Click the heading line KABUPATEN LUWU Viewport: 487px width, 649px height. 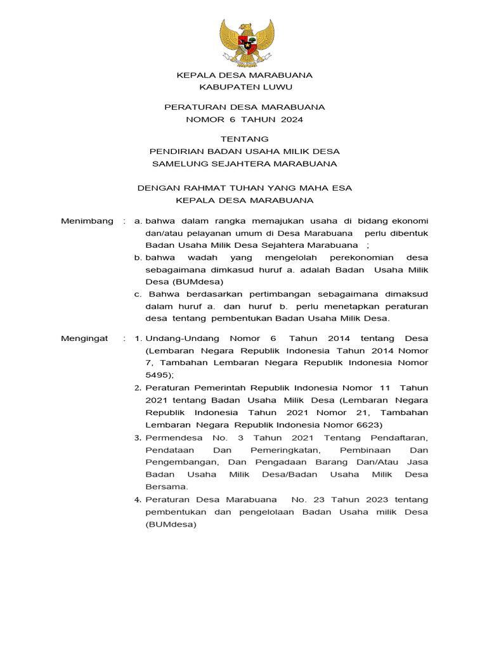[x=245, y=87]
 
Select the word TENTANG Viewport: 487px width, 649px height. [x=245, y=139]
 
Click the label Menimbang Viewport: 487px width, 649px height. [x=87, y=221]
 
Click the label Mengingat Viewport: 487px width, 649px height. [x=84, y=338]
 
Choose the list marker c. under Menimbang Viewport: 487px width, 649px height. [x=138, y=293]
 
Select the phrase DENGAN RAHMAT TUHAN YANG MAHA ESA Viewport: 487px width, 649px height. [x=245, y=188]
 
